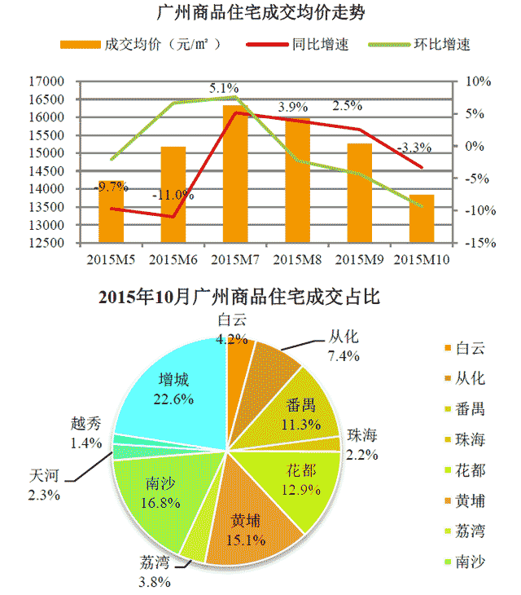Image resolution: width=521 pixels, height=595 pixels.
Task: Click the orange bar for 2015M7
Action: [x=235, y=174]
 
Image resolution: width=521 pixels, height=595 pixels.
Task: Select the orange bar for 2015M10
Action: [x=421, y=218]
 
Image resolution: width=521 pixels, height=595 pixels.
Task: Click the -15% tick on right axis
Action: [x=477, y=243]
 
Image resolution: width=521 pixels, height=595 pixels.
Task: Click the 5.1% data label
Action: [x=224, y=88]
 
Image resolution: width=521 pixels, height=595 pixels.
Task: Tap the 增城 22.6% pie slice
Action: [x=171, y=391]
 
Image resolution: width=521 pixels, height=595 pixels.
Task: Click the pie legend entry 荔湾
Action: [x=469, y=531]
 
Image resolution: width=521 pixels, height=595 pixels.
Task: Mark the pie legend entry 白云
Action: [x=469, y=348]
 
